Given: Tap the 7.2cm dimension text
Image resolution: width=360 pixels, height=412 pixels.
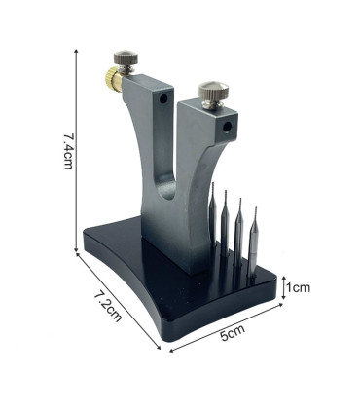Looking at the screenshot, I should click(x=106, y=305).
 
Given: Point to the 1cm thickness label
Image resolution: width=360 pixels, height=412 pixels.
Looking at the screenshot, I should click(x=297, y=288).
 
